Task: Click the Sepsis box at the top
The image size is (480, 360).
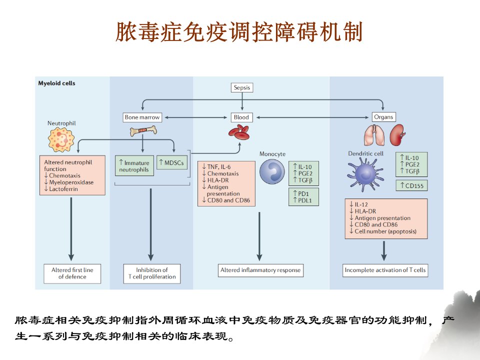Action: pyautogui.click(x=242, y=87)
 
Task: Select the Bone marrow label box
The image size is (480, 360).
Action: pyautogui.click(x=142, y=117)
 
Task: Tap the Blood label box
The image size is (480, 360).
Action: pyautogui.click(x=241, y=117)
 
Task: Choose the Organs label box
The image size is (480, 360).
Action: pyautogui.click(x=383, y=117)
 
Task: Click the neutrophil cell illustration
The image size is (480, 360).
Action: pyautogui.click(x=61, y=139)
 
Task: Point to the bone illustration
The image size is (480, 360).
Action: pyautogui.click(x=143, y=131)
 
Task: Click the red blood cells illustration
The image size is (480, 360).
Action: pyautogui.click(x=239, y=132)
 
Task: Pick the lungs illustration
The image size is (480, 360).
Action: pyautogui.click(x=374, y=135)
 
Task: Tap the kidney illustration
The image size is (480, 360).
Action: pyautogui.click(x=397, y=134)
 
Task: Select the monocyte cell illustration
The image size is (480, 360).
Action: pyautogui.click(x=272, y=171)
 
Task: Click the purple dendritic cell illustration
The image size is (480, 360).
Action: pyautogui.click(x=364, y=174)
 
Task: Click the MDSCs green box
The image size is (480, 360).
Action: pyautogui.click(x=171, y=162)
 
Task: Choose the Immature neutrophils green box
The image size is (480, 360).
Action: pyautogui.click(x=134, y=166)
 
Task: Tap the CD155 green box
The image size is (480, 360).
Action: pyautogui.click(x=411, y=185)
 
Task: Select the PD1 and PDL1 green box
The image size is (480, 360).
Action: pyautogui.click(x=303, y=197)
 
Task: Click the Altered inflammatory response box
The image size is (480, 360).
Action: pyautogui.click(x=260, y=270)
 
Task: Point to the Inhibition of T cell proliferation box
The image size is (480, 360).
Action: pyautogui.click(x=152, y=273)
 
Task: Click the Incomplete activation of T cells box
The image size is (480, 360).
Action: pyautogui.click(x=385, y=270)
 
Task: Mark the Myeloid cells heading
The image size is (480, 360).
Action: pyautogui.click(x=56, y=83)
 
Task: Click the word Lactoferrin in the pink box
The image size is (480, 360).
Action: pyautogui.click(x=63, y=189)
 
